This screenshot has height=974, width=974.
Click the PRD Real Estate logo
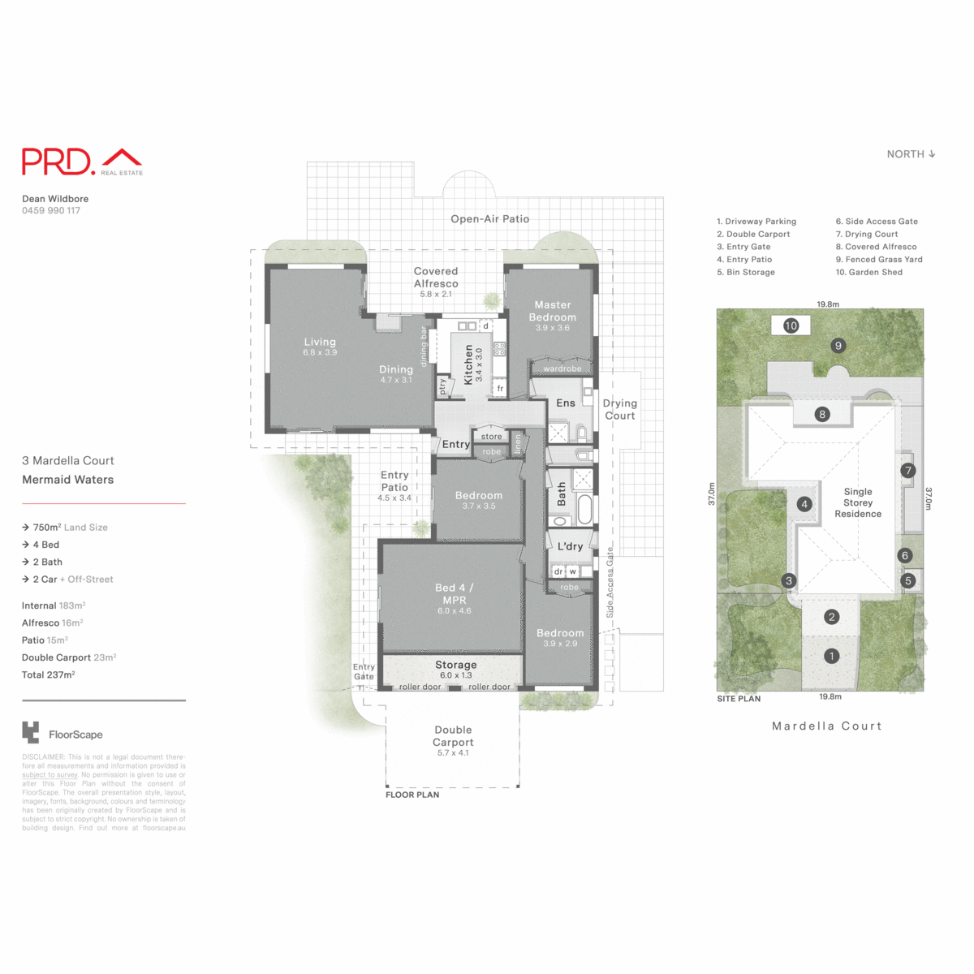81,162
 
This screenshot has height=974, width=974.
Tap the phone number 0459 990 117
51,211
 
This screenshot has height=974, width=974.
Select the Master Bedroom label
552,312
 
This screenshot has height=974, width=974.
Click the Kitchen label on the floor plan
468,364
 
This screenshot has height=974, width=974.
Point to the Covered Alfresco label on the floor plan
436,278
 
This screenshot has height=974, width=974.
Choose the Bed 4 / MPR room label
454,594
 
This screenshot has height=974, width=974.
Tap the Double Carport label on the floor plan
453,736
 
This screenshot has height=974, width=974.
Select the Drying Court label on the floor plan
619,409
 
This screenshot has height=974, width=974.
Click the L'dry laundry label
570,546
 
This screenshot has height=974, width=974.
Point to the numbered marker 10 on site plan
791,325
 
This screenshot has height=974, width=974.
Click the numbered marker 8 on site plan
822,415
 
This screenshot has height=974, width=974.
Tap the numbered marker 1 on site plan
831,656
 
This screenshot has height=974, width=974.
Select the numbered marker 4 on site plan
804,504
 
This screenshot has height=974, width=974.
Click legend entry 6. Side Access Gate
877,222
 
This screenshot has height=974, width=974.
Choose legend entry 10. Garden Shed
868,273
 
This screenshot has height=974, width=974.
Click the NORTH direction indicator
911,154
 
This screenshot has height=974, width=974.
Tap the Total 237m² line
49,675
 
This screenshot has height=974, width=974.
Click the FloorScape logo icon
30,732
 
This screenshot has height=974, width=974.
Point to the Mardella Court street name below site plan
826,726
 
